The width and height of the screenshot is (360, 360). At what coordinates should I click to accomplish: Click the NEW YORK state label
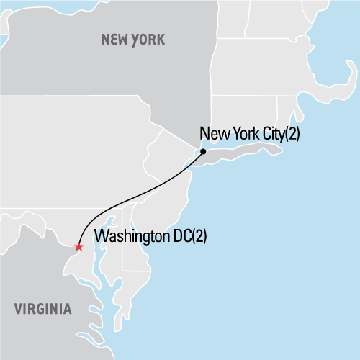coord(132,39)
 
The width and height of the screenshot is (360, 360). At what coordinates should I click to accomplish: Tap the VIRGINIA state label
coord(42,310)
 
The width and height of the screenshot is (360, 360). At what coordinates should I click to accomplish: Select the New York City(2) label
coord(248,134)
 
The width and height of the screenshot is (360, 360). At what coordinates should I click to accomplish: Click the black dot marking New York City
coord(204,152)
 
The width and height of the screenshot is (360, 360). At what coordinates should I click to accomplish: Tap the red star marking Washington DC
coord(78,247)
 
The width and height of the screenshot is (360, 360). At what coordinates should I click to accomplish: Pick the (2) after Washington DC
coord(197,235)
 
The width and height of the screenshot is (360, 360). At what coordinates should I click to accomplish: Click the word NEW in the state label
coord(114,39)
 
